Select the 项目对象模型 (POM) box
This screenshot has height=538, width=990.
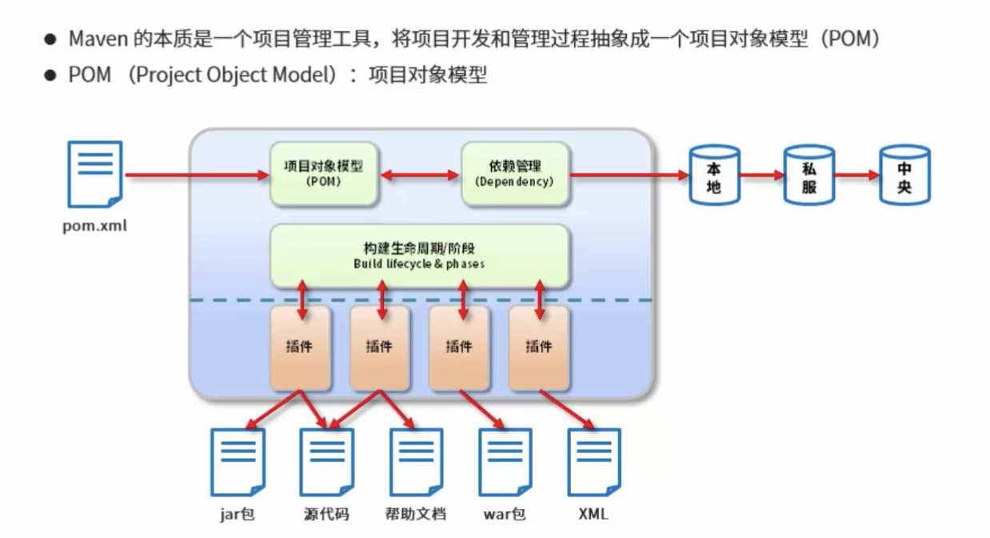pyautogui.click(x=323, y=173)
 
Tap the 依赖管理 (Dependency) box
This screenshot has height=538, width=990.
pyautogui.click(x=514, y=173)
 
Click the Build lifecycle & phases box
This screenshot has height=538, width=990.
pyautogui.click(x=419, y=255)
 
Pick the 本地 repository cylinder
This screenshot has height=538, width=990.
pyautogui.click(x=714, y=175)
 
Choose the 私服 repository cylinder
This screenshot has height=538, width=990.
pyautogui.click(x=808, y=175)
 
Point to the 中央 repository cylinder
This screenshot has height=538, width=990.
pyautogui.click(x=904, y=175)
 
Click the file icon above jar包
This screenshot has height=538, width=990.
pyautogui.click(x=238, y=462)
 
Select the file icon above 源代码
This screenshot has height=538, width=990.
pyautogui.click(x=326, y=462)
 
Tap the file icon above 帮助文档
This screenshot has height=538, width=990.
pyautogui.click(x=416, y=462)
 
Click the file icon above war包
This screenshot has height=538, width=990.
pyautogui.click(x=505, y=462)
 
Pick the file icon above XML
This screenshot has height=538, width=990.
pyautogui.click(x=593, y=462)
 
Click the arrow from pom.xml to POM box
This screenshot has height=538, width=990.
pyautogui.click(x=197, y=175)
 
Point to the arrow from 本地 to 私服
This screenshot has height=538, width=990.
pyautogui.click(x=761, y=175)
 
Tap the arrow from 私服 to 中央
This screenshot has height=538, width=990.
pyautogui.click(x=856, y=175)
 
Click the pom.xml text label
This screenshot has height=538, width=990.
pyautogui.click(x=95, y=226)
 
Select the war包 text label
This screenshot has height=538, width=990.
pyautogui.click(x=505, y=514)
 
